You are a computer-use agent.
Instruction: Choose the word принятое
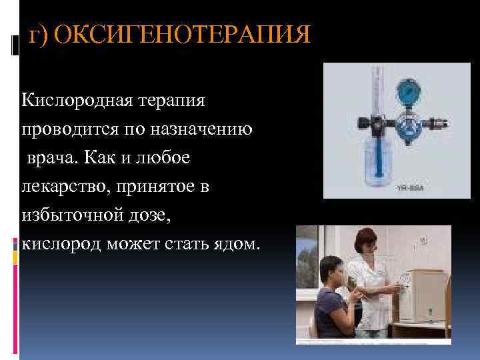159,187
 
